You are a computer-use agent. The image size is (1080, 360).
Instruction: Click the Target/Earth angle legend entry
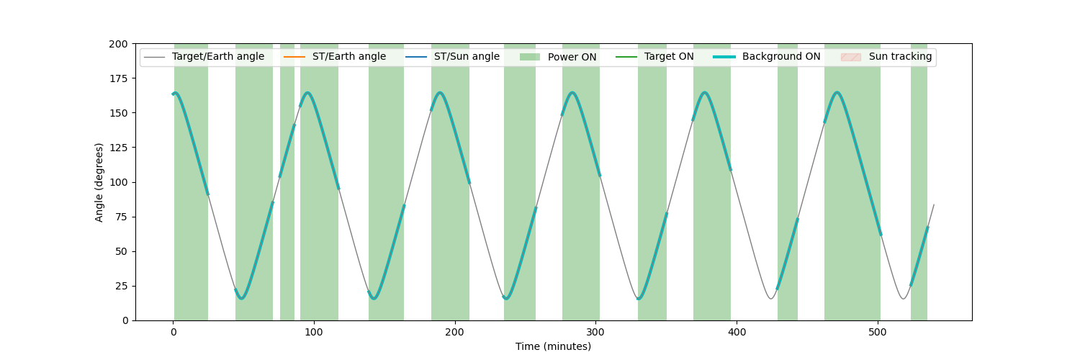point(204,57)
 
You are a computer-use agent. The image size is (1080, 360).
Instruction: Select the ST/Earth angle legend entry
point(335,57)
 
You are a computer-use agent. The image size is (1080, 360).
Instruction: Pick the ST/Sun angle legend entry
point(452,57)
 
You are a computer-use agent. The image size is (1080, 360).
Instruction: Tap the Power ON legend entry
point(558,57)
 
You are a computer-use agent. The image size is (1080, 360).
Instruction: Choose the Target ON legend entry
point(654,57)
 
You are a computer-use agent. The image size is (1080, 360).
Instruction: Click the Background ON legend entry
point(767,57)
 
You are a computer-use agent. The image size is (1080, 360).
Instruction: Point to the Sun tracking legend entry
point(886,57)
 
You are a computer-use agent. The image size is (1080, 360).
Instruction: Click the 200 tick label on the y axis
point(118,45)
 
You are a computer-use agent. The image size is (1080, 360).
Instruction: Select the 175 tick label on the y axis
point(118,78)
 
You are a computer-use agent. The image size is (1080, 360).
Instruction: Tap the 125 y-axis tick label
point(118,148)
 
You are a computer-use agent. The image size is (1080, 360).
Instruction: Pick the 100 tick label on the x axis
point(314,332)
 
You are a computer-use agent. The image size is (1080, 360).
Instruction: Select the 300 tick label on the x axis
point(595,332)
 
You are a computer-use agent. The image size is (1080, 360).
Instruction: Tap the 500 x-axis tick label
point(878,332)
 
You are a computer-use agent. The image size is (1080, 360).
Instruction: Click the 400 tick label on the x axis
point(737,332)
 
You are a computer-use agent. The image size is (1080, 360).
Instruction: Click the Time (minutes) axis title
point(553,346)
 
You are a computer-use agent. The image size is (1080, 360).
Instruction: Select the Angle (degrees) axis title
point(99,183)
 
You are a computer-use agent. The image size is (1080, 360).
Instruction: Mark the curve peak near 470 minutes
point(837,92)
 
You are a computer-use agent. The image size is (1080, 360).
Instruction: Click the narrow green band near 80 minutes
point(287,182)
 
